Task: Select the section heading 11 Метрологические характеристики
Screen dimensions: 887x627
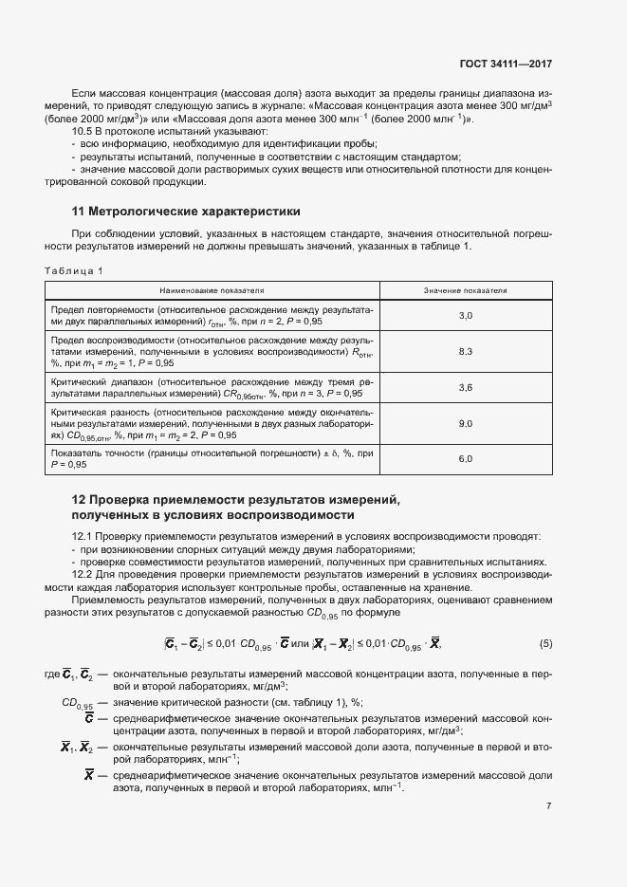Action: point(186,211)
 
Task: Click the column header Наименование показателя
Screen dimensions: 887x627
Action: point(212,289)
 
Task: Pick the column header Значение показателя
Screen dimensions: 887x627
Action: point(465,289)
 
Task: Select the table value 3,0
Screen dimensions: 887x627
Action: point(465,314)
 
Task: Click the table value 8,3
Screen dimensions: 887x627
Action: point(465,351)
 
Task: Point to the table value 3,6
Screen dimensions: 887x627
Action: point(465,387)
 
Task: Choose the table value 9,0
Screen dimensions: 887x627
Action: point(465,423)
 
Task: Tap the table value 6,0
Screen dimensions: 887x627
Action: point(465,459)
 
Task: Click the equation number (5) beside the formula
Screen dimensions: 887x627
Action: point(545,645)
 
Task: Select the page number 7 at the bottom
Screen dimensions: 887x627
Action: point(548,805)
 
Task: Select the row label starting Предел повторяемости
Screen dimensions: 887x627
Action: point(212,315)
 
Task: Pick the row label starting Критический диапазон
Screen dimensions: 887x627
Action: point(212,387)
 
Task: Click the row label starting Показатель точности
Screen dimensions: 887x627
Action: point(212,459)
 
